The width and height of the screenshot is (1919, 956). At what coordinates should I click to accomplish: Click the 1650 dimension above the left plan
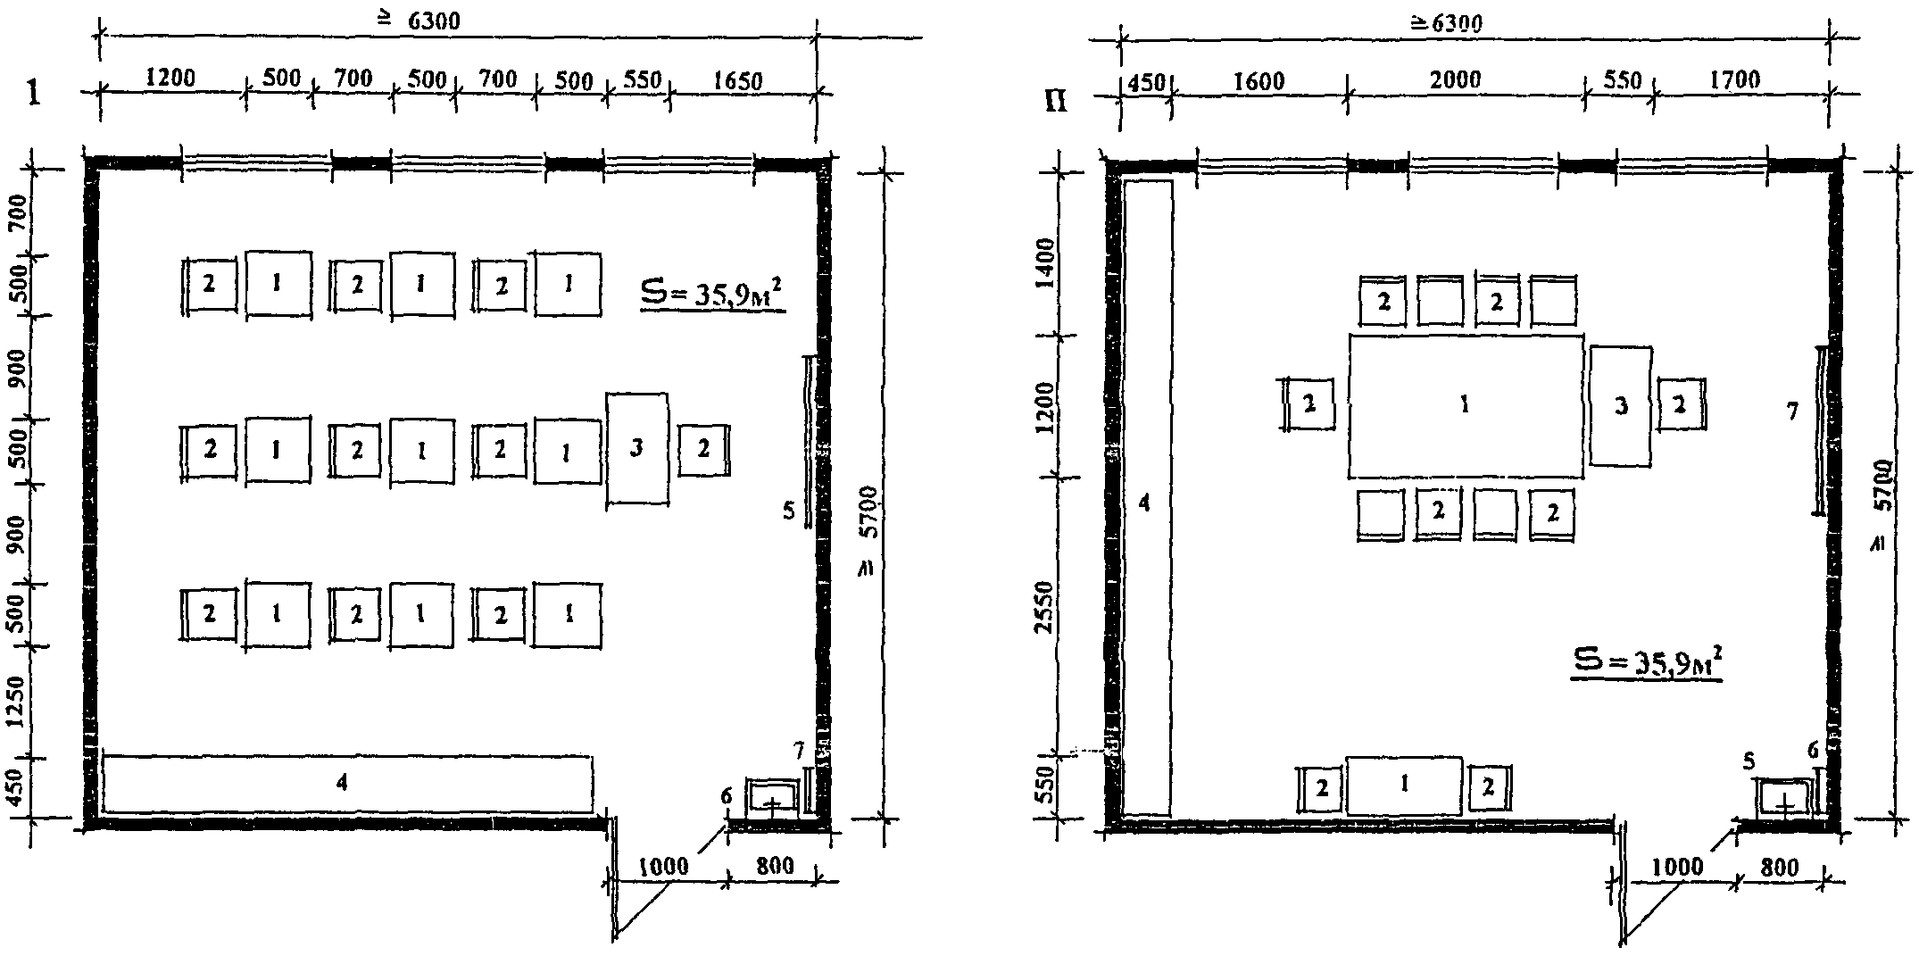[x=738, y=81]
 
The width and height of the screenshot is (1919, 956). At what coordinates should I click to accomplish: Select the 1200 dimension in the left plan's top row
[x=170, y=77]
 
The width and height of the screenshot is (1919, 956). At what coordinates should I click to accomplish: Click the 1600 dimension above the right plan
[x=1259, y=82]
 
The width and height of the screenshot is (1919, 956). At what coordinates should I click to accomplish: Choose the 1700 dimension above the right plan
[x=1736, y=80]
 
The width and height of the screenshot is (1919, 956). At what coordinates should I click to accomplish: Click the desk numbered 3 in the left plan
[x=637, y=449]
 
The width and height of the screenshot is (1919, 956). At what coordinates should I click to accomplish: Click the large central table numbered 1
[x=1466, y=406]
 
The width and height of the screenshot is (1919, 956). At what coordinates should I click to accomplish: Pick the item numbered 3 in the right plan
[x=1621, y=406]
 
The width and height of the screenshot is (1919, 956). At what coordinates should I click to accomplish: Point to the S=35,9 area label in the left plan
[x=714, y=294]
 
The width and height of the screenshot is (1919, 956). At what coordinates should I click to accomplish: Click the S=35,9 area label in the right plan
[x=1647, y=663]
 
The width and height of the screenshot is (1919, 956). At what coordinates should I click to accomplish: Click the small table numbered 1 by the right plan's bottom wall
[x=1404, y=786]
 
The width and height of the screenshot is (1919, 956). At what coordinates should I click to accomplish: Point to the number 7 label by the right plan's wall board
[x=1792, y=411]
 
